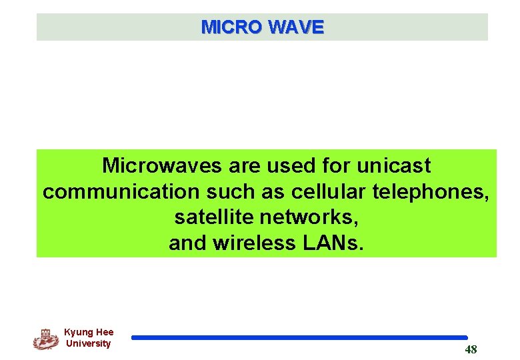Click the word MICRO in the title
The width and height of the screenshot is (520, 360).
click(x=231, y=27)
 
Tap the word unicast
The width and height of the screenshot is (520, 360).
click(x=394, y=165)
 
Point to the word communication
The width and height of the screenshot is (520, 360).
click(x=121, y=192)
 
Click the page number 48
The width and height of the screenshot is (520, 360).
click(x=471, y=349)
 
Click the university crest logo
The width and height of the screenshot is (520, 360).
click(x=45, y=339)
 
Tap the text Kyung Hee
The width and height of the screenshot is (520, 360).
click(x=89, y=332)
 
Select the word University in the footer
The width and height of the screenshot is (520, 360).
click(x=89, y=344)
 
